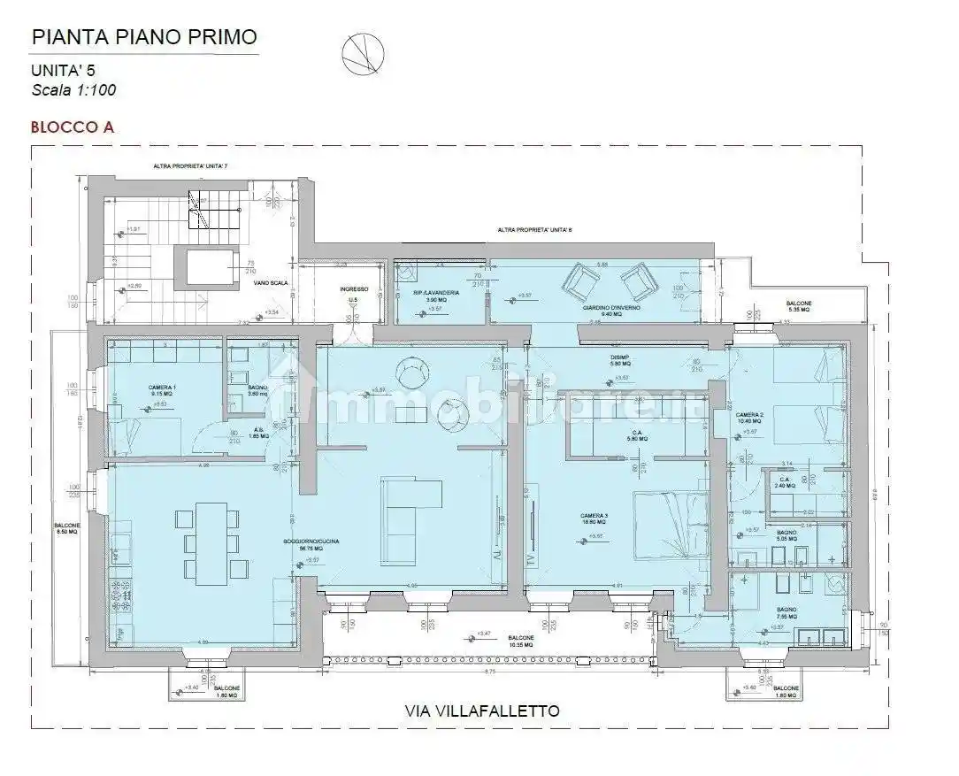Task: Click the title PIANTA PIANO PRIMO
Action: [x=144, y=37]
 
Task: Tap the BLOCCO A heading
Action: [x=73, y=127]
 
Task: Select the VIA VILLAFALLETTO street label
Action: [x=481, y=711]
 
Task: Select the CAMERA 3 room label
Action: [x=594, y=516]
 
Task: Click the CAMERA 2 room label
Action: [x=748, y=415]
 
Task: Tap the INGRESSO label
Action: [x=353, y=290]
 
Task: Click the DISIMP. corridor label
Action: [x=619, y=358]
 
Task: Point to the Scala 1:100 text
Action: [x=74, y=89]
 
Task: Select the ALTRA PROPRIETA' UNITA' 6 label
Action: [x=534, y=230]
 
